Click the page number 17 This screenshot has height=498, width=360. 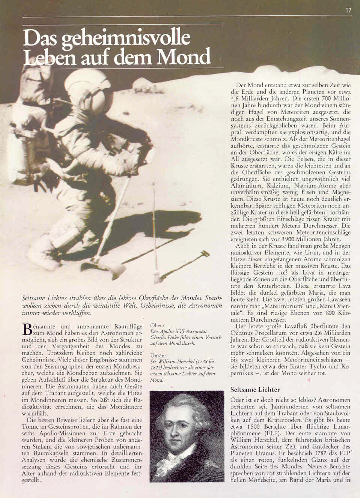point(348,10)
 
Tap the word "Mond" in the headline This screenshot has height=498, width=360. point(184,57)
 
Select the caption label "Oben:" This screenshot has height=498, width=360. point(157,325)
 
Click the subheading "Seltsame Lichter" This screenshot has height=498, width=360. point(255,390)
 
